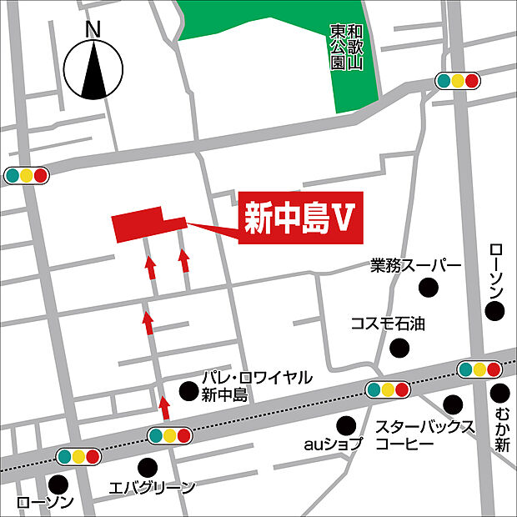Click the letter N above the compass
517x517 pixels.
coord(93,28)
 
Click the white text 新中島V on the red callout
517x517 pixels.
coord(296,219)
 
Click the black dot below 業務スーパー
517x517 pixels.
coord(429,289)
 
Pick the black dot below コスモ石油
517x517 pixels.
coord(401,346)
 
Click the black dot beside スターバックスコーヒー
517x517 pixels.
coord(453,404)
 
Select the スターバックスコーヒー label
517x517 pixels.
coord(424,436)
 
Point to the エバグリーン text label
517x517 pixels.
coord(153,488)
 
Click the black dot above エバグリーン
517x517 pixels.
coord(148,465)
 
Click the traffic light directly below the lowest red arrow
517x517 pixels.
coord(169,434)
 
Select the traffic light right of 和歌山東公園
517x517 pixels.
coord(459,81)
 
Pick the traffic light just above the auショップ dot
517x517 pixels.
coord(388,389)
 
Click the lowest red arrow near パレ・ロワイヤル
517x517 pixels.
coord(164,407)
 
